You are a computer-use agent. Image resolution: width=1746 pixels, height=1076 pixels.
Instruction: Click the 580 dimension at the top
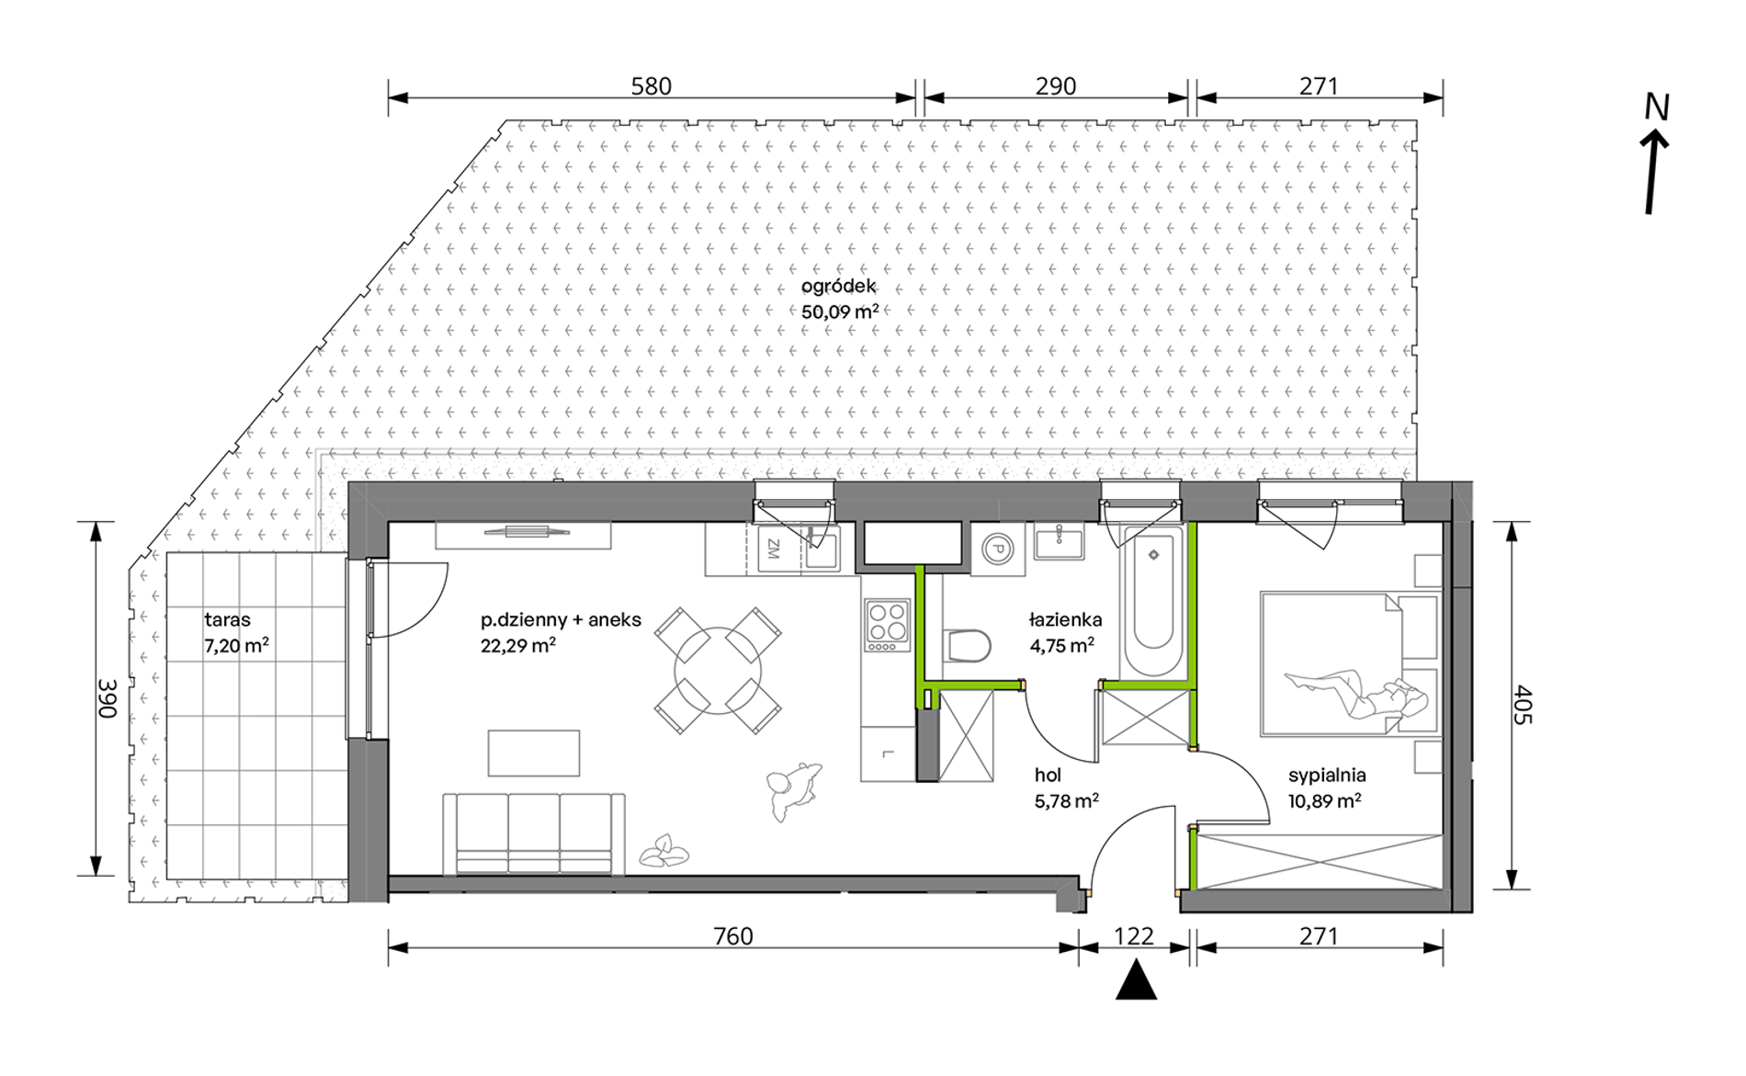point(651,86)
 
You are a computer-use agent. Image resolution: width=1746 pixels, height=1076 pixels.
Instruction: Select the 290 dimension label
point(1055,86)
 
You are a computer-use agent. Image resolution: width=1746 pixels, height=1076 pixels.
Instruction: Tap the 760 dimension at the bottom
point(732,936)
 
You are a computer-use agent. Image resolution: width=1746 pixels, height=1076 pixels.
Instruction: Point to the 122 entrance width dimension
point(1133,936)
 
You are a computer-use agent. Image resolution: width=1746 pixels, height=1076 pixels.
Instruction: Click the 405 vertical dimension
point(1523,705)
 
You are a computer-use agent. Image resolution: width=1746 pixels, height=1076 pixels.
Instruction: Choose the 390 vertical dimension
point(108,698)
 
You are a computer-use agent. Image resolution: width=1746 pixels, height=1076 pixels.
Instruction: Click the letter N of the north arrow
point(1657,108)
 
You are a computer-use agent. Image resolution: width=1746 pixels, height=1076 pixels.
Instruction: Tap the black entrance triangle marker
point(1136,979)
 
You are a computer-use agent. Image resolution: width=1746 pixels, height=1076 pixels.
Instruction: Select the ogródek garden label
point(839,287)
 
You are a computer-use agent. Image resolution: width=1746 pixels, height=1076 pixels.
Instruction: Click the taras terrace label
point(227,620)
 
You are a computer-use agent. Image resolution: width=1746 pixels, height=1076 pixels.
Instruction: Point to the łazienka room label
point(1065,620)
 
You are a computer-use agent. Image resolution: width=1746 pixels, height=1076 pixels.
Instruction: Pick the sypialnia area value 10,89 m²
point(1324,801)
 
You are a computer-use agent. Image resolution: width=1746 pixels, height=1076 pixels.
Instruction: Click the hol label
point(1048,776)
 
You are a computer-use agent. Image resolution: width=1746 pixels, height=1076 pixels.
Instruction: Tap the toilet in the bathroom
point(967,645)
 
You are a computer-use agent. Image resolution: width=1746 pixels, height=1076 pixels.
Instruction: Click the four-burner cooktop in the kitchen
point(888,625)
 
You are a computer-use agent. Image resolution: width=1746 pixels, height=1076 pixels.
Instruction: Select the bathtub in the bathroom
point(1153,604)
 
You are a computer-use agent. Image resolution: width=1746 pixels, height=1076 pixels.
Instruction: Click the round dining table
point(718,670)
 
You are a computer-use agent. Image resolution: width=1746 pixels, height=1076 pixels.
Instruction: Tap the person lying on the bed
point(1356,693)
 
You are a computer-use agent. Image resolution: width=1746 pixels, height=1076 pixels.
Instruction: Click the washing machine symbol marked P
point(997,549)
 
